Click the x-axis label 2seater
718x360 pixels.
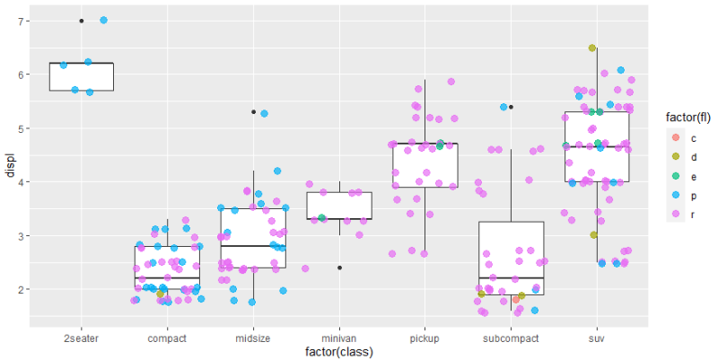pos(81,338)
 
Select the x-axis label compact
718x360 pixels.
pos(167,338)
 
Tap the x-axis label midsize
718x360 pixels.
pos(253,338)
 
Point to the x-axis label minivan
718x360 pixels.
pos(339,338)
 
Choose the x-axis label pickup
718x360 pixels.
pos(425,338)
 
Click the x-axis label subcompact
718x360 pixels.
pos(511,338)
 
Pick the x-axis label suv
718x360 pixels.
pos(597,338)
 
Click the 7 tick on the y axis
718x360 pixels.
pos(22,21)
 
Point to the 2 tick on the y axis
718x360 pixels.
pos(22,289)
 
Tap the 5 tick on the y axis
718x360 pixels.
pos(22,128)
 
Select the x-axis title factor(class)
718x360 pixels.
pos(338,352)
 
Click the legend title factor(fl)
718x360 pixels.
pos(682,117)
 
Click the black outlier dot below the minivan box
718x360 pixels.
pos(339,268)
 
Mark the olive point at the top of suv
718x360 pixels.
pos(592,48)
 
